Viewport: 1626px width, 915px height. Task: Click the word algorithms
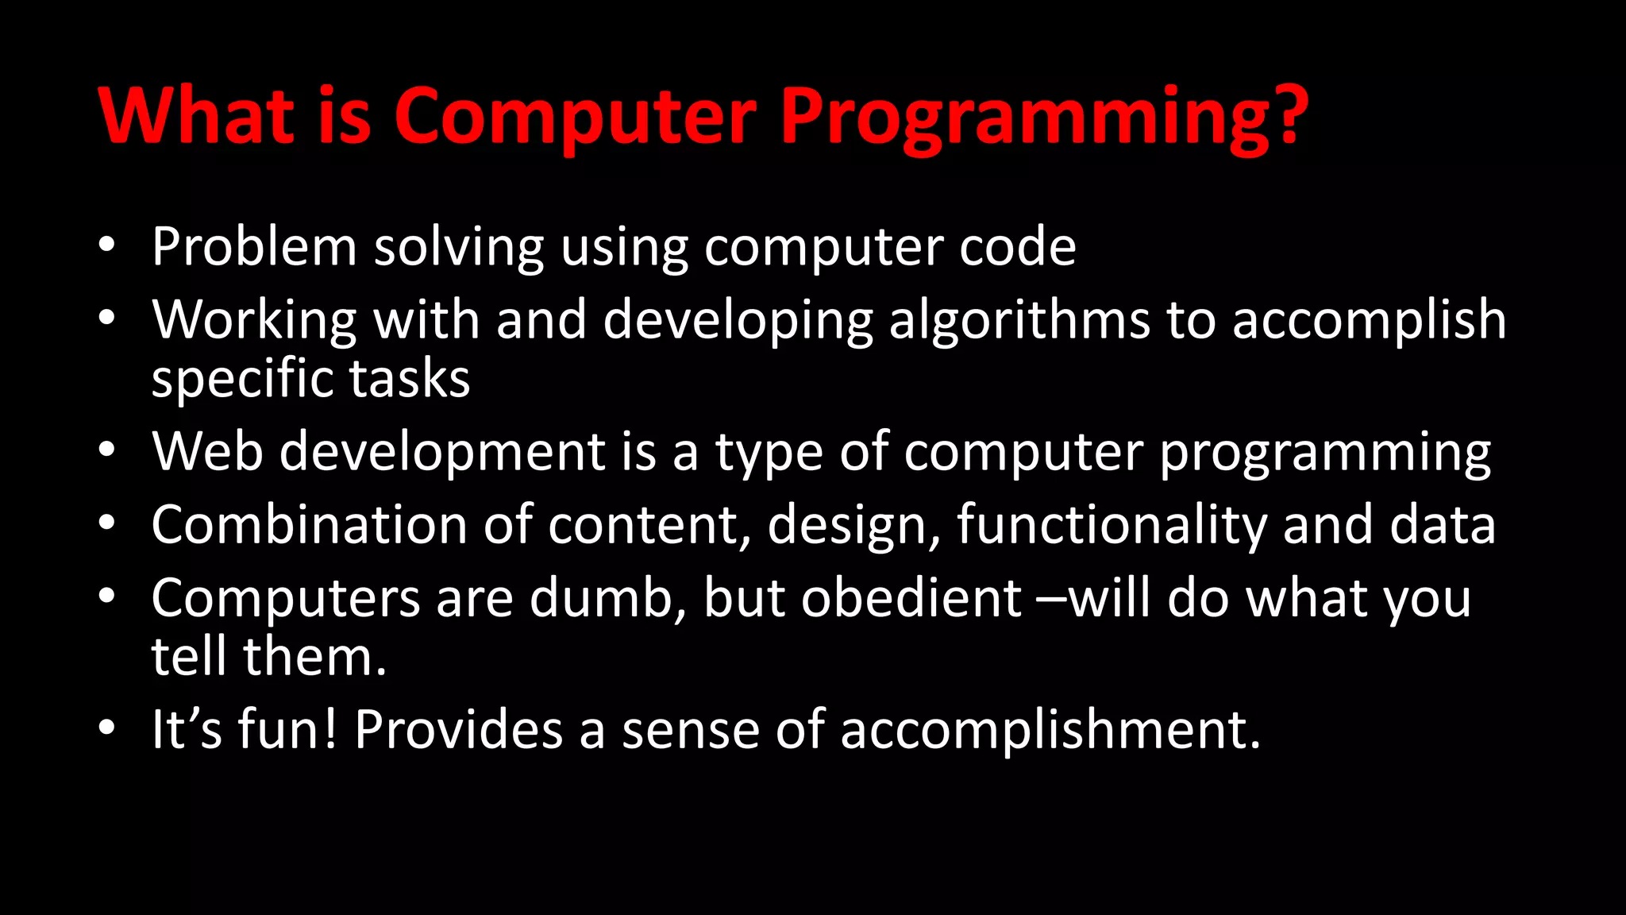[x=1019, y=321]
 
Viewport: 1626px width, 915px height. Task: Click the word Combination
[x=309, y=525]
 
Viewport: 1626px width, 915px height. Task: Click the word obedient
[x=911, y=598]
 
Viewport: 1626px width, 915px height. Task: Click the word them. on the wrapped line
[x=314, y=657]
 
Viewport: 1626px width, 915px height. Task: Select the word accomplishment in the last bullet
[x=1050, y=730]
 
